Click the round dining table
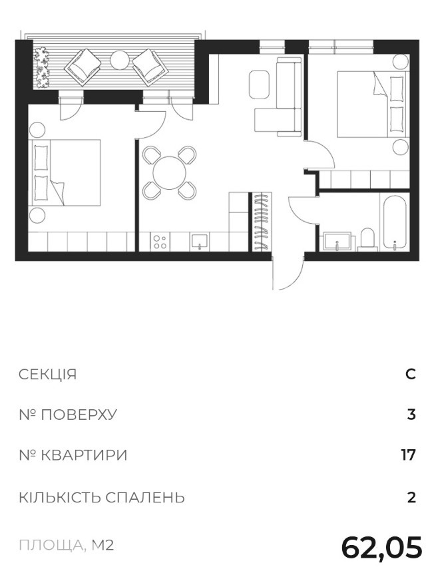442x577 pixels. point(170,172)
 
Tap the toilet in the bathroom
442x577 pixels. point(367,240)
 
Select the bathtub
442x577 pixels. point(395,223)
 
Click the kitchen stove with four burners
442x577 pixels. point(160,242)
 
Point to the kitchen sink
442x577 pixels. point(200,242)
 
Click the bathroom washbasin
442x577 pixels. point(337,242)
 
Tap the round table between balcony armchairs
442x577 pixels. point(119,59)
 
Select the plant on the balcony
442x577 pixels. point(41,68)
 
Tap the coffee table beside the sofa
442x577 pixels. point(259,85)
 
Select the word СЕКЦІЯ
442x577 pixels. point(47,375)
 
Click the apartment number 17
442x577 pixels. point(409,455)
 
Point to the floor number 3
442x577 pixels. point(411,415)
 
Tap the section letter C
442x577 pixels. point(411,375)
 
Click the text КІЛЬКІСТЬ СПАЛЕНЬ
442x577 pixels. point(102,498)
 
